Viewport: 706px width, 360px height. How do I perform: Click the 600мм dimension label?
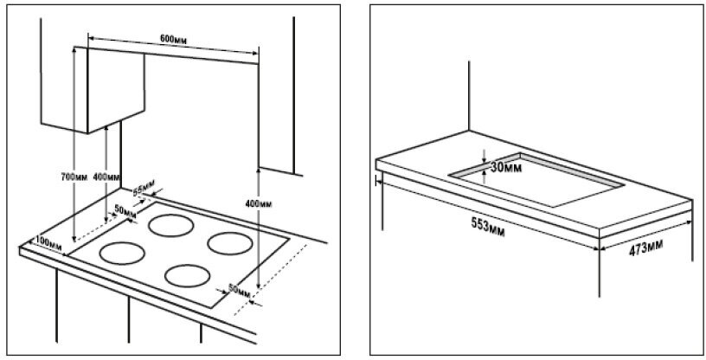[x=176, y=40]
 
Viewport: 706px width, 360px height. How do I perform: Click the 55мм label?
[x=143, y=188]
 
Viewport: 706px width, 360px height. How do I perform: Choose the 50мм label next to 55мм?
[x=125, y=210]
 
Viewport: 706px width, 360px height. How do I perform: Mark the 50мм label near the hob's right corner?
[x=238, y=286]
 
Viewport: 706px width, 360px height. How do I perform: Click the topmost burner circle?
[x=170, y=226]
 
